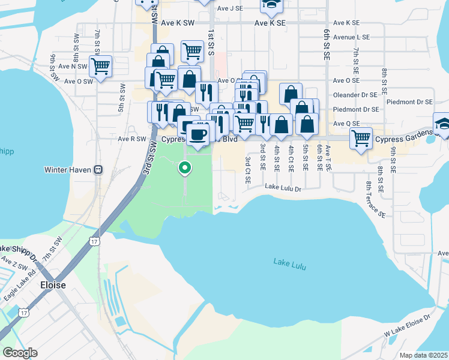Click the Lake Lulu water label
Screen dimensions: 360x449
(291, 262)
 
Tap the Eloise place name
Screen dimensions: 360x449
(53, 285)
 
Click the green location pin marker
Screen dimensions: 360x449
(185, 169)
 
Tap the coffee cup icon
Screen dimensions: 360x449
(197, 134)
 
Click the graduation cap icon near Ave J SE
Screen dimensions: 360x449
(271, 5)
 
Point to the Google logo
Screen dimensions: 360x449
(19, 353)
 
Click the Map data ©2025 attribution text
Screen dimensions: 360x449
(423, 355)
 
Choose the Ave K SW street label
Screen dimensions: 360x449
(178, 23)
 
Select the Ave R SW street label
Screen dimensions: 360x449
(132, 139)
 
